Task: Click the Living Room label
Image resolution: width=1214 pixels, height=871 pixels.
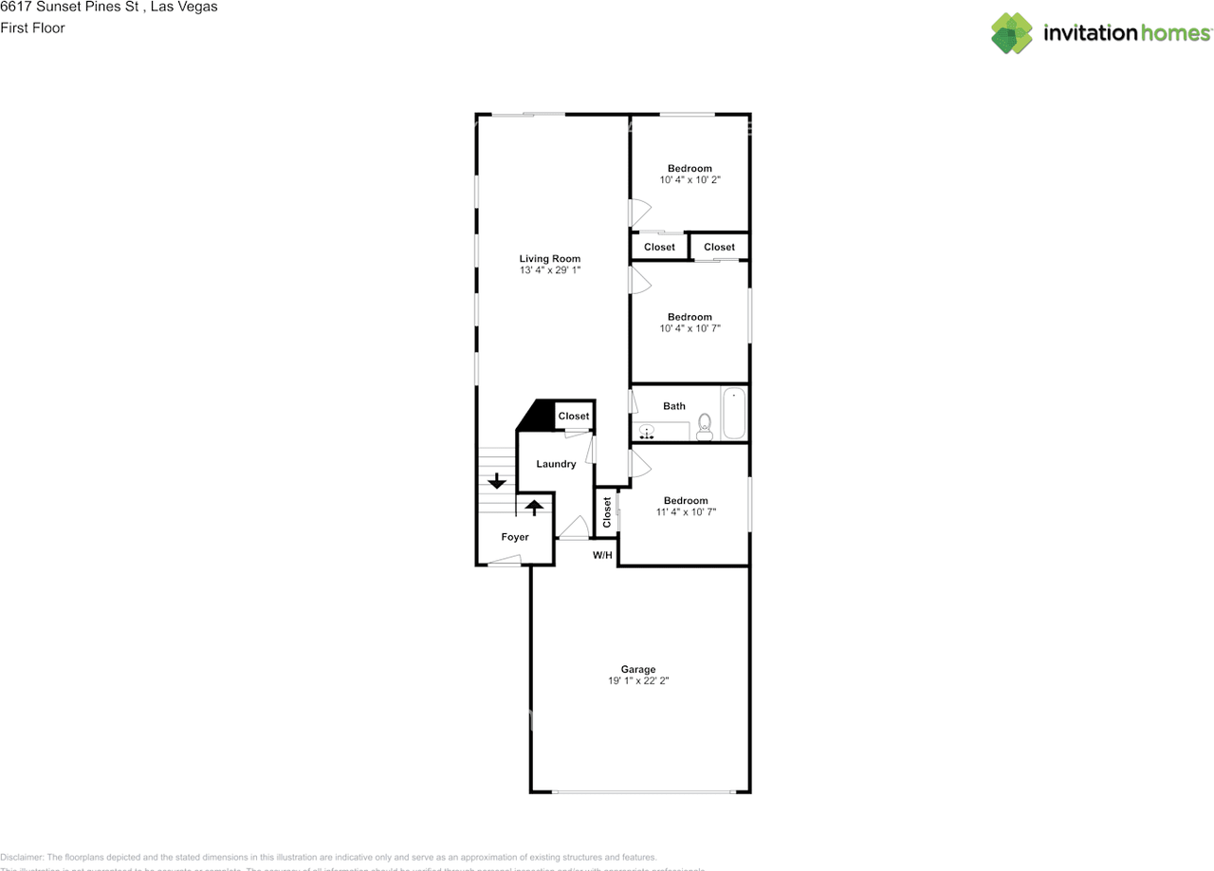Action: (549, 258)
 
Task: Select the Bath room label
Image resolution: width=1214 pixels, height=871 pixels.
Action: (674, 406)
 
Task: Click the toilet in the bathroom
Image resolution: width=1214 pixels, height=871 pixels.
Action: (705, 426)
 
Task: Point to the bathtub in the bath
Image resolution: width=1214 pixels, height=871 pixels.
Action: (734, 414)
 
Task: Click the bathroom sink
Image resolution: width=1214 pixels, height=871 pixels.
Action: (648, 433)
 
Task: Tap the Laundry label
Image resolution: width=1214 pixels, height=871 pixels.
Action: (556, 464)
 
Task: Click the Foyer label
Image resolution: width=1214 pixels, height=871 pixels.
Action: (515, 537)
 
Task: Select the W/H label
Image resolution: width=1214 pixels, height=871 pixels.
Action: (602, 555)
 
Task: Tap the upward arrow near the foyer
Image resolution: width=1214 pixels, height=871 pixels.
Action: (534, 507)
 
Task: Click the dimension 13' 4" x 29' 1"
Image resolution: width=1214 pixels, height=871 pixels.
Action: (549, 270)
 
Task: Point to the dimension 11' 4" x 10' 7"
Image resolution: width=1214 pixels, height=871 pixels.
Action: (686, 512)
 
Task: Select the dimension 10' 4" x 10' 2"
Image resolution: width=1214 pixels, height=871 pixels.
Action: (690, 179)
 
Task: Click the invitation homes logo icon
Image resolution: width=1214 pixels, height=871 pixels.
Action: (1012, 33)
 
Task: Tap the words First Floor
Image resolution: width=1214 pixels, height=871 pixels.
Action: (32, 28)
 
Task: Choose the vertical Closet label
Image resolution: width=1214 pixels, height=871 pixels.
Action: (607, 511)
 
